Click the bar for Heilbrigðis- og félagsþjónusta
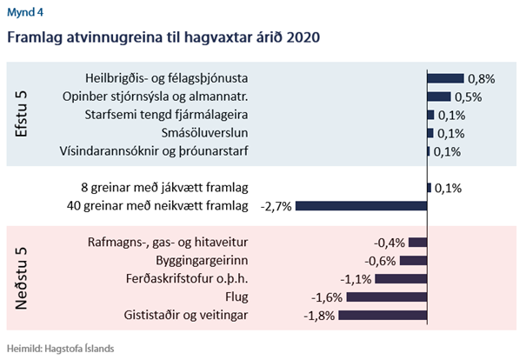coord(445,78)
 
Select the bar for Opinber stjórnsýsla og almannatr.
coord(439,97)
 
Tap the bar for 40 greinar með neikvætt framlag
coord(362,206)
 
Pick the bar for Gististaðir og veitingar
coord(383,315)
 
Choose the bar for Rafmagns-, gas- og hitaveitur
coord(418,243)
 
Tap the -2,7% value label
coord(277,206)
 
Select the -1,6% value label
coord(327,297)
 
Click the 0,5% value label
coord(469,97)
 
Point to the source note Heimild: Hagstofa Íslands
coord(60,348)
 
